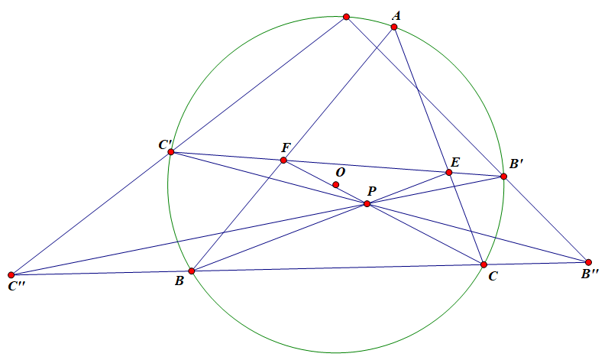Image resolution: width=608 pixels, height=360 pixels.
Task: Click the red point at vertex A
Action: coord(394,28)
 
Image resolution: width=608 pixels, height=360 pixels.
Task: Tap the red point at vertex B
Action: coord(192,271)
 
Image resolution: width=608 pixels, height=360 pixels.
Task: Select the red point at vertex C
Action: coord(483,264)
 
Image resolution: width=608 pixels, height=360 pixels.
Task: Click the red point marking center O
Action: coord(335,185)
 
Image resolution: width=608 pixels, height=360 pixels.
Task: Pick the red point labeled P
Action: coord(367,204)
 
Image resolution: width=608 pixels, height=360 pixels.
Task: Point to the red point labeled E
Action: coord(449,172)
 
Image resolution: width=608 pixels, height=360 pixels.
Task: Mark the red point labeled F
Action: coord(283,161)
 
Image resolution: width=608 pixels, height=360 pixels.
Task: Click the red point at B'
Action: coord(503,177)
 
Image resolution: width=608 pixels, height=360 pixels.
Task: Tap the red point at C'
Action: coord(171,152)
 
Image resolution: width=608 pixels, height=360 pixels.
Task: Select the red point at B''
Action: coord(588,262)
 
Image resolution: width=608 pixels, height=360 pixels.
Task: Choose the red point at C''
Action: coord(11,274)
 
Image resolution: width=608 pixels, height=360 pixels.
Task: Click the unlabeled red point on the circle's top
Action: coord(346,17)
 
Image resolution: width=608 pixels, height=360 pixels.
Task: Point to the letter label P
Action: coord(371,191)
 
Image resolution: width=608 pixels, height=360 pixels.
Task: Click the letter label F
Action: coord(286,148)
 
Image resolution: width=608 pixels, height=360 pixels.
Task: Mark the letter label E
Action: coord(455,161)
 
